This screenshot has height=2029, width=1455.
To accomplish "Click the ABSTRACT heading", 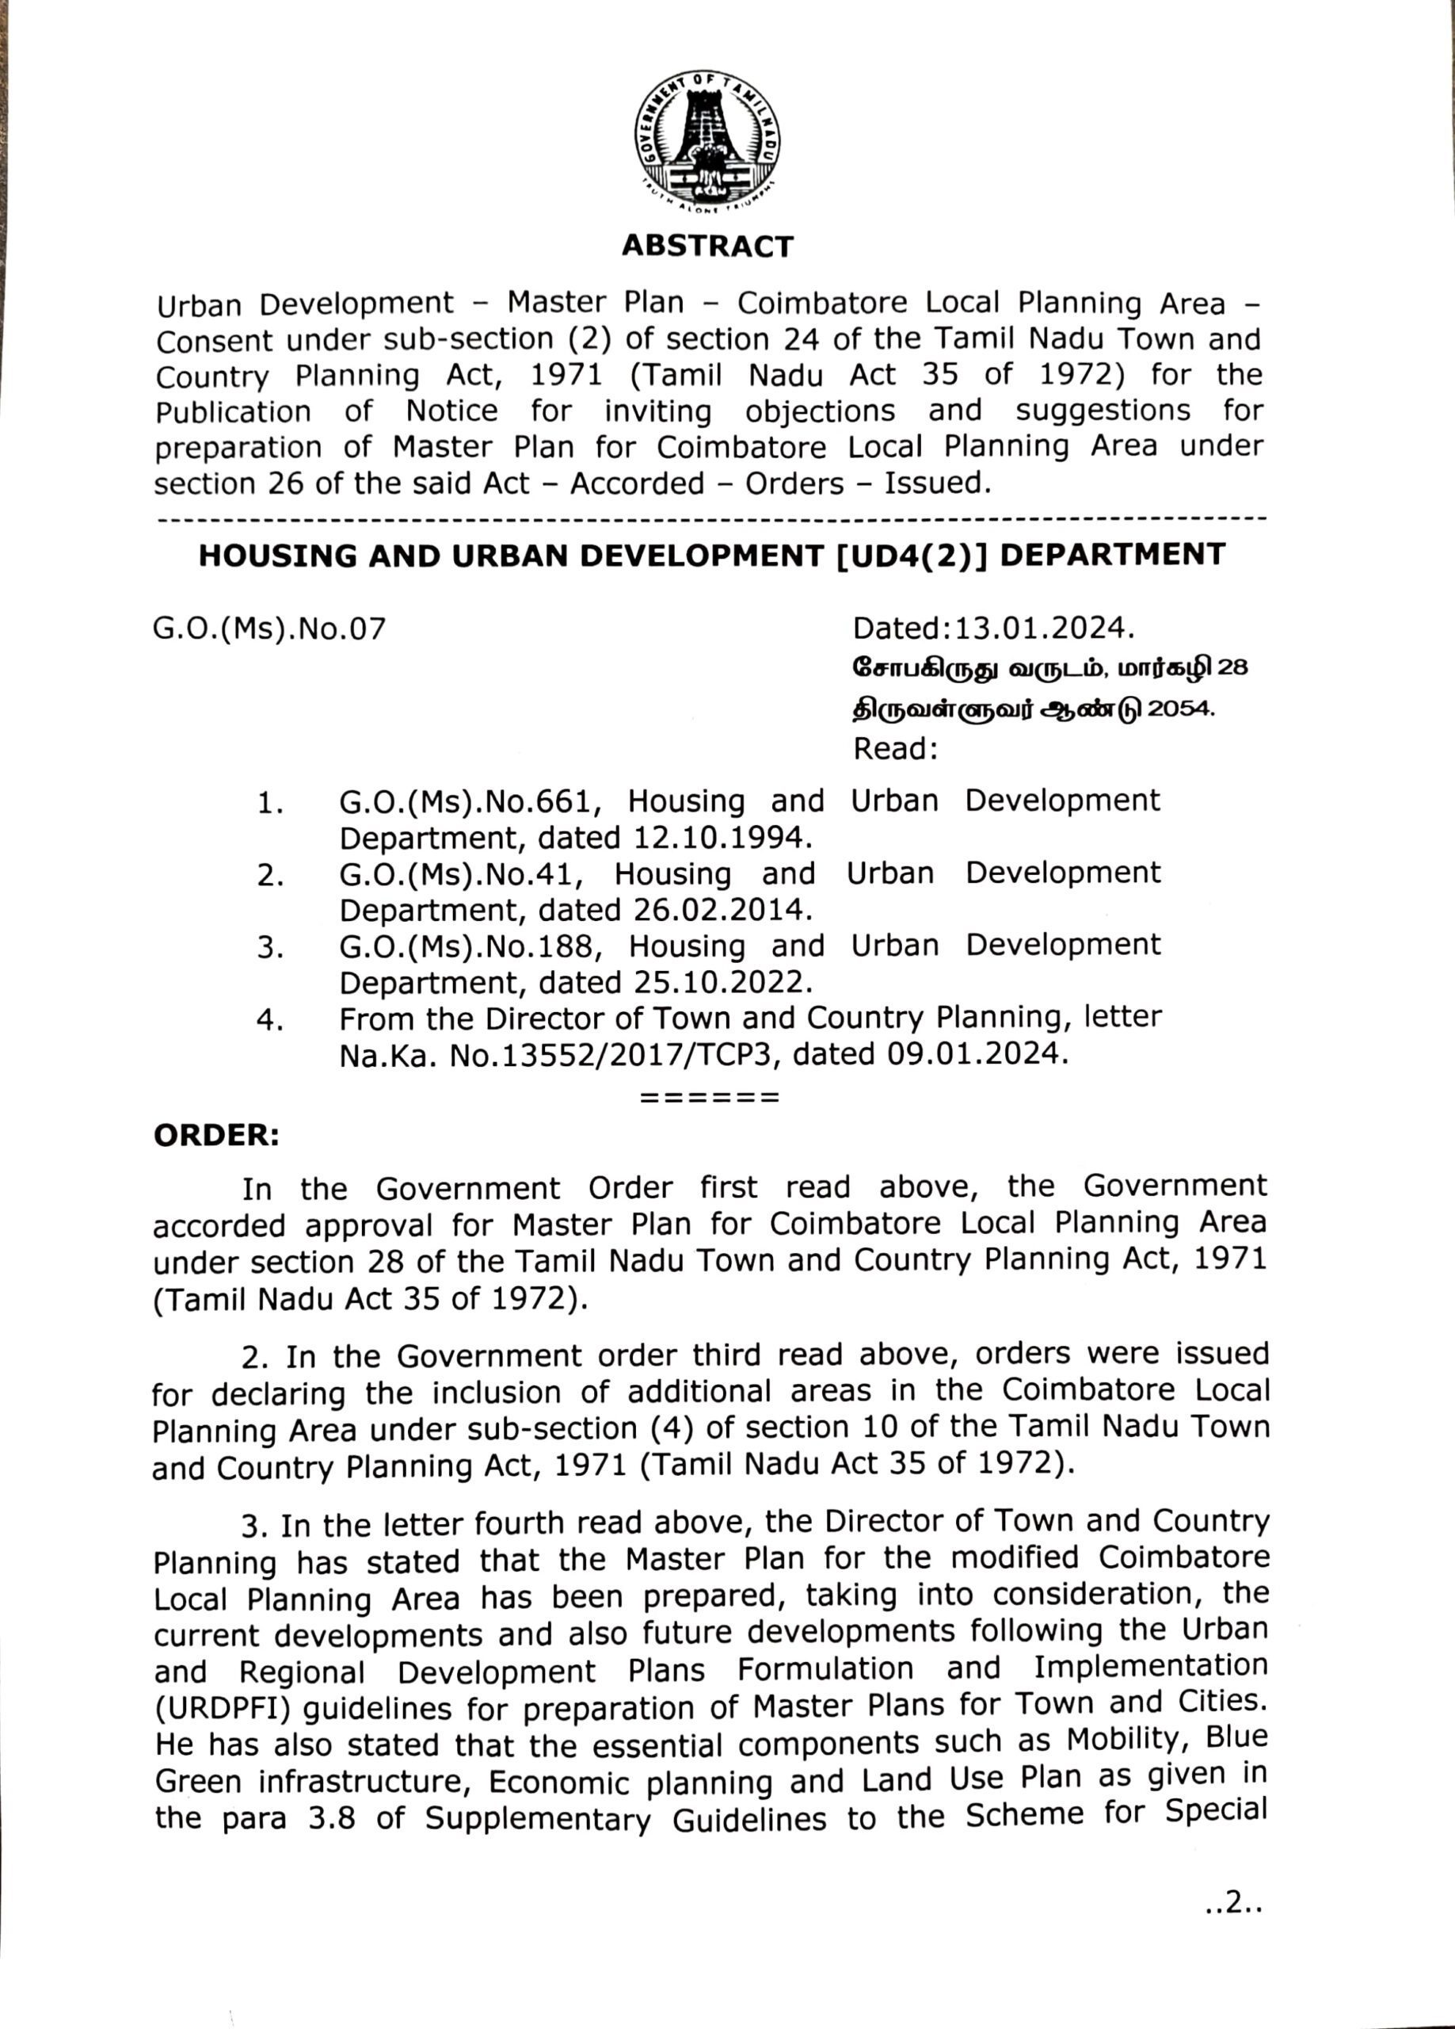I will click(707, 246).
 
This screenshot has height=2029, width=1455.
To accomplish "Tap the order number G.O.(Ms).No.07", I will click(270, 630).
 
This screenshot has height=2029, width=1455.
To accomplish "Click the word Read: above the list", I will click(895, 748).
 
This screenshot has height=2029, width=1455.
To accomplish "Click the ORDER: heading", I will click(216, 1137).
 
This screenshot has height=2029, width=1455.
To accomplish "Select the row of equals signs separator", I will click(710, 1097).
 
